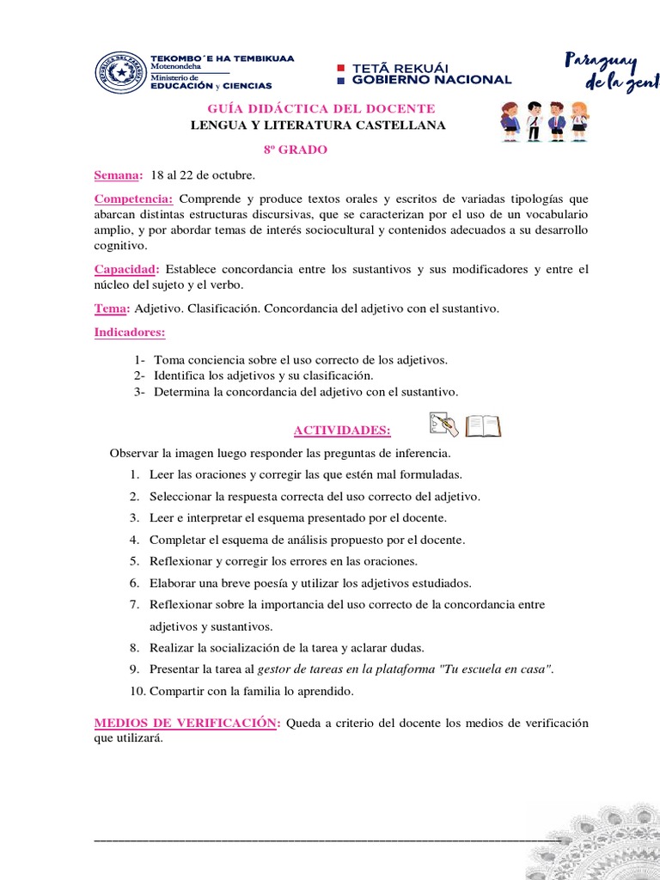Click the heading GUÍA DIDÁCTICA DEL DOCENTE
point(321,108)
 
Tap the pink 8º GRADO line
point(295,150)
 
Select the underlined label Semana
point(118,175)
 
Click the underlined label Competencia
point(133,199)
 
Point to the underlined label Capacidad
point(127,269)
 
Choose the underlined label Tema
point(111,308)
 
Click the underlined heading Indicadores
point(130,332)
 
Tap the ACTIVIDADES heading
point(342,430)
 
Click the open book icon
point(483,425)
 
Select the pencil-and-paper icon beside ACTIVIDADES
point(443,425)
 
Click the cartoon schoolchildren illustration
point(545,121)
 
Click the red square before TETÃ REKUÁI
point(340,66)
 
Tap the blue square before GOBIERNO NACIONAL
point(340,80)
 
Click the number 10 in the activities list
point(137,691)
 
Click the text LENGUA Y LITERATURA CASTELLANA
point(318,125)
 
